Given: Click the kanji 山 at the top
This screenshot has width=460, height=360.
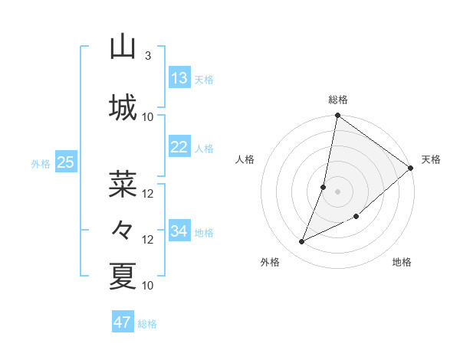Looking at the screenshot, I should tap(123, 47).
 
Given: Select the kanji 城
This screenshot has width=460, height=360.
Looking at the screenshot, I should tap(123, 106).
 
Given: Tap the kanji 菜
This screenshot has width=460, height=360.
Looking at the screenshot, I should tap(123, 184).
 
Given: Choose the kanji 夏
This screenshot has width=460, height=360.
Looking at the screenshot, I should tap(123, 276).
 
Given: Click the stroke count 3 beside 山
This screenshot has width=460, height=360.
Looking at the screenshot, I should tap(147, 55).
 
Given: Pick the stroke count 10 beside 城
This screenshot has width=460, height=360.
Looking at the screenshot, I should tap(148, 116).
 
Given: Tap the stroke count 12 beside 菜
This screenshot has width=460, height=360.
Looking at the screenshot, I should tap(148, 193).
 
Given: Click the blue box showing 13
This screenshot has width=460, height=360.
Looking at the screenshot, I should tap(179, 77).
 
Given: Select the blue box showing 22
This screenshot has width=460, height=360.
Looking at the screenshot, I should tap(179, 147).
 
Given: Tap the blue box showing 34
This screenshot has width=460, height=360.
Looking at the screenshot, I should tap(179, 231).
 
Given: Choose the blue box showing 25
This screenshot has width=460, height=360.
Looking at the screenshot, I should tap(65, 162).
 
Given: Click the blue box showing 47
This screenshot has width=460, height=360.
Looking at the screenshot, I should tap(123, 322).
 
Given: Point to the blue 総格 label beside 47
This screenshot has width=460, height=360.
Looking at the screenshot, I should tap(147, 324).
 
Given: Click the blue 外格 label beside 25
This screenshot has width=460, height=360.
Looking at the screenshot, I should tap(41, 163).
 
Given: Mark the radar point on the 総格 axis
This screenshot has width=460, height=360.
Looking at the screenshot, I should tap(337, 116).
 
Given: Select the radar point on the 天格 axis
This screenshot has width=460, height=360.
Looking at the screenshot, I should tap(411, 168).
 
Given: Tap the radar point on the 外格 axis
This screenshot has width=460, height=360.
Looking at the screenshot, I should tap(301, 242).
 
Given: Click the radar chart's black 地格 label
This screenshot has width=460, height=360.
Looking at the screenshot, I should tap(402, 263).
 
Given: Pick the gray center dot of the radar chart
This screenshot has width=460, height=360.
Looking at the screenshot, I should tap(337, 191).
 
